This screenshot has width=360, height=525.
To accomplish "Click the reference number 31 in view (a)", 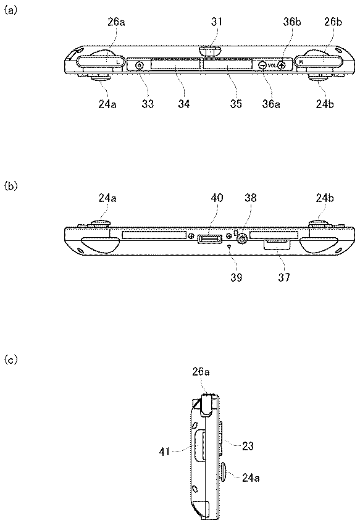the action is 216,22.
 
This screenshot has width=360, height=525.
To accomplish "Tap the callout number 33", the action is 148,104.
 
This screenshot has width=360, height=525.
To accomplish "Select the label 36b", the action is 291,22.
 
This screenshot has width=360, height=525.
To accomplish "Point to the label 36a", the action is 271,104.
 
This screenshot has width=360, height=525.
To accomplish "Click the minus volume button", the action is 263,65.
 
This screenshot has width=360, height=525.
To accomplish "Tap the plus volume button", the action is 281,65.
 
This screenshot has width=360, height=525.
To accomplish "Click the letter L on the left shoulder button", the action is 117,62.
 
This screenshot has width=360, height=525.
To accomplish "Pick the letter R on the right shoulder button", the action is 301,62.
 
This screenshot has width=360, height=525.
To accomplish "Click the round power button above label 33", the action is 140,65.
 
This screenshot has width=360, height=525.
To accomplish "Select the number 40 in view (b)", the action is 217,198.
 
